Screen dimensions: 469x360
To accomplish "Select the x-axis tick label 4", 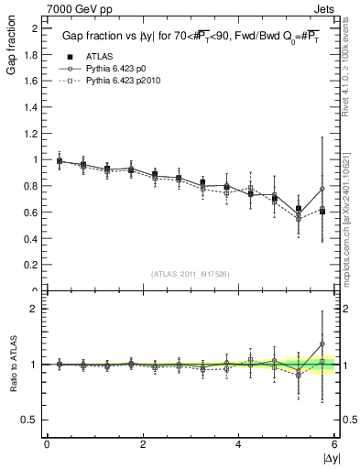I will point(239,443).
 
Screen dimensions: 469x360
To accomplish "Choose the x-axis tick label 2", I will point(143,443).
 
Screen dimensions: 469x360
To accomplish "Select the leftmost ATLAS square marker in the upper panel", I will point(60,161).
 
